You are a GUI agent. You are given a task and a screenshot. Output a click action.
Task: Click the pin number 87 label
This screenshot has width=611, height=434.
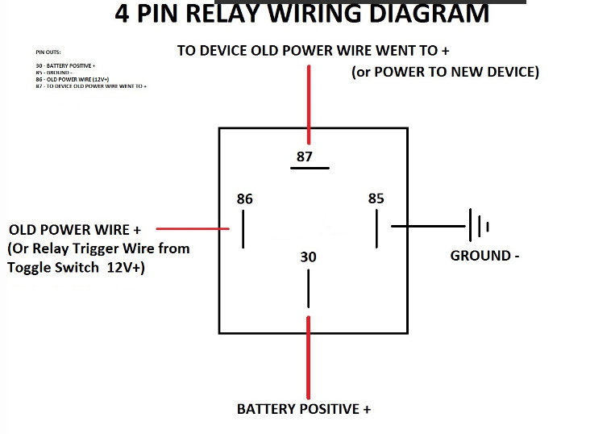pyautogui.click(x=304, y=156)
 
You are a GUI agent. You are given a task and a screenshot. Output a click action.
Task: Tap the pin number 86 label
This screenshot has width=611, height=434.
pyautogui.click(x=244, y=198)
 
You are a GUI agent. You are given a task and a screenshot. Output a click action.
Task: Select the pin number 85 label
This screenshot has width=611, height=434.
pyautogui.click(x=376, y=198)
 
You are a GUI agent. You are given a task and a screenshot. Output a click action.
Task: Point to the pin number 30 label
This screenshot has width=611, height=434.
pyautogui.click(x=308, y=257)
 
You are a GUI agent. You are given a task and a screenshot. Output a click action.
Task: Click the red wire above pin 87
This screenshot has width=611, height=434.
pyautogui.click(x=307, y=98)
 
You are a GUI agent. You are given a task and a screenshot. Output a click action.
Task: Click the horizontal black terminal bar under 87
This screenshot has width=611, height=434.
pyautogui.click(x=310, y=169)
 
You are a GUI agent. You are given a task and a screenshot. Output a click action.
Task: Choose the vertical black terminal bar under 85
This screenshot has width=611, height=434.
pyautogui.click(x=376, y=229)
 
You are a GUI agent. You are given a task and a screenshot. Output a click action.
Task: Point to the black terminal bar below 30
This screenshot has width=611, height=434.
pyautogui.click(x=307, y=288)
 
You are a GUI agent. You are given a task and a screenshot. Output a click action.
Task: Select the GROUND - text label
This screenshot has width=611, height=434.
pyautogui.click(x=484, y=256)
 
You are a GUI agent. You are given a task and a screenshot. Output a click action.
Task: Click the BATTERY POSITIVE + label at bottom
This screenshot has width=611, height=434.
pyautogui.click(x=303, y=409)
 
